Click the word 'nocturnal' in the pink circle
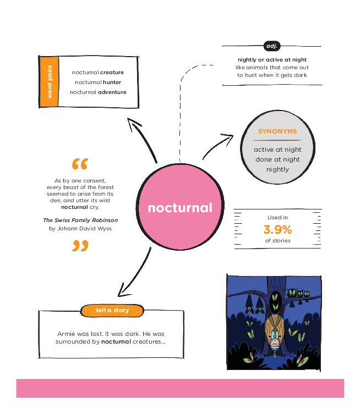click(x=179, y=208)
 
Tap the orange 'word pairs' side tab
click(x=50, y=82)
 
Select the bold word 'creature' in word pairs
click(x=112, y=73)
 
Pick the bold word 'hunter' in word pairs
click(x=111, y=82)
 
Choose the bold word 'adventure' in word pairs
click(x=112, y=92)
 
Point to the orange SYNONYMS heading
click(x=277, y=131)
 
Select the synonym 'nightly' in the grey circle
click(x=277, y=169)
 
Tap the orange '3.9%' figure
click(x=277, y=229)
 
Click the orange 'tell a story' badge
click(x=112, y=311)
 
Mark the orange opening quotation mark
click(x=80, y=164)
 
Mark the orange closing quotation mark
click(x=80, y=246)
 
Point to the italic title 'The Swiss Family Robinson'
click(x=80, y=220)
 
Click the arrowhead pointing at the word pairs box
click(x=131, y=122)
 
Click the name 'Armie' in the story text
click(x=67, y=334)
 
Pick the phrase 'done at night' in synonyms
click(x=277, y=159)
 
